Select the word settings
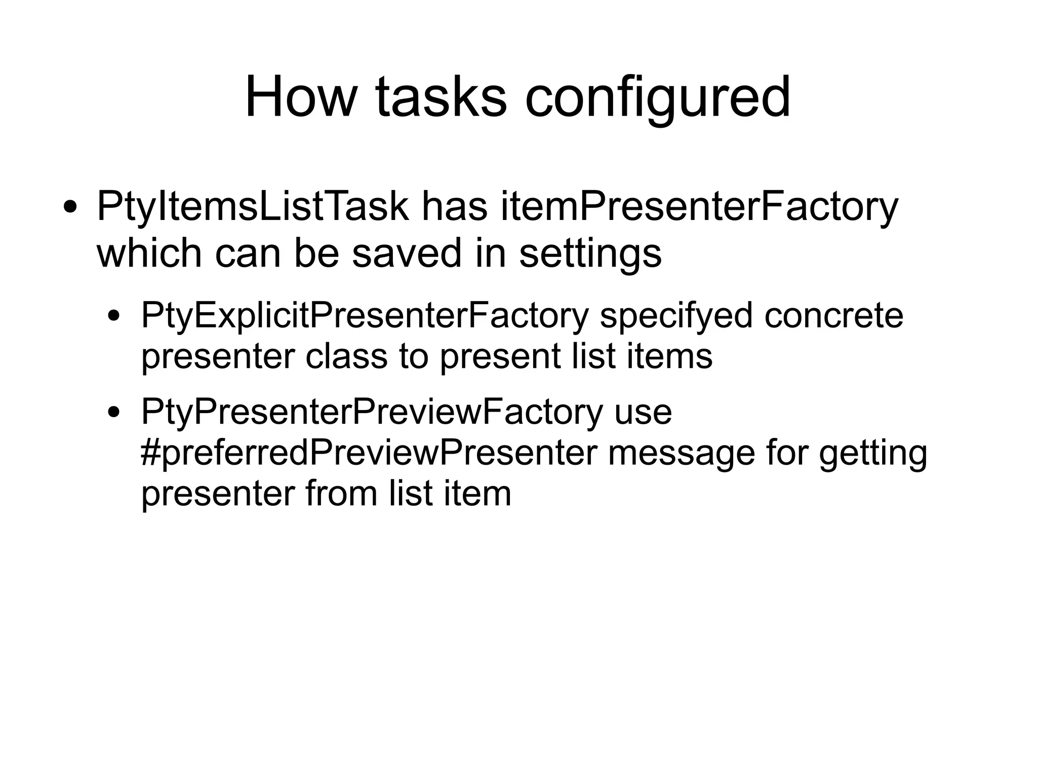click(x=590, y=253)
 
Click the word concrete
click(x=833, y=315)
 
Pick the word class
click(x=346, y=356)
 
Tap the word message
click(x=682, y=453)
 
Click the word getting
click(x=873, y=453)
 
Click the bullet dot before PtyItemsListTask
click(x=70, y=208)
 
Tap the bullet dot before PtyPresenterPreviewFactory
click(x=115, y=413)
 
